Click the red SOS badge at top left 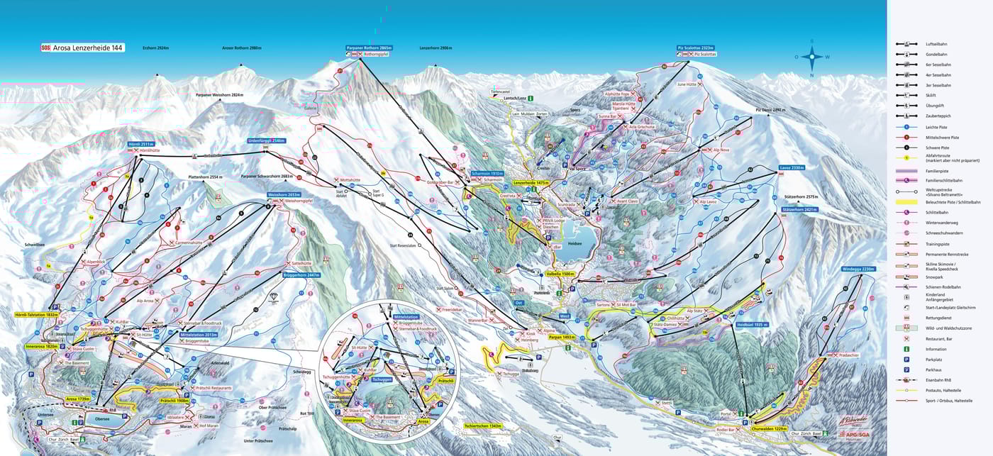tap(46, 48)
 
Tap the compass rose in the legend tap(812, 57)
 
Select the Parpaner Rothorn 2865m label tap(369, 48)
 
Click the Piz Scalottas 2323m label tap(697, 48)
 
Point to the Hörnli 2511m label tap(140, 144)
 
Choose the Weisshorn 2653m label tap(282, 194)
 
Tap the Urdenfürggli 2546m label tap(266, 140)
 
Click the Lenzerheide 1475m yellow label tap(532, 182)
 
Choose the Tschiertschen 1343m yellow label tap(482, 426)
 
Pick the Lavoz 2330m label tap(791, 168)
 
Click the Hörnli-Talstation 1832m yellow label tap(35, 314)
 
